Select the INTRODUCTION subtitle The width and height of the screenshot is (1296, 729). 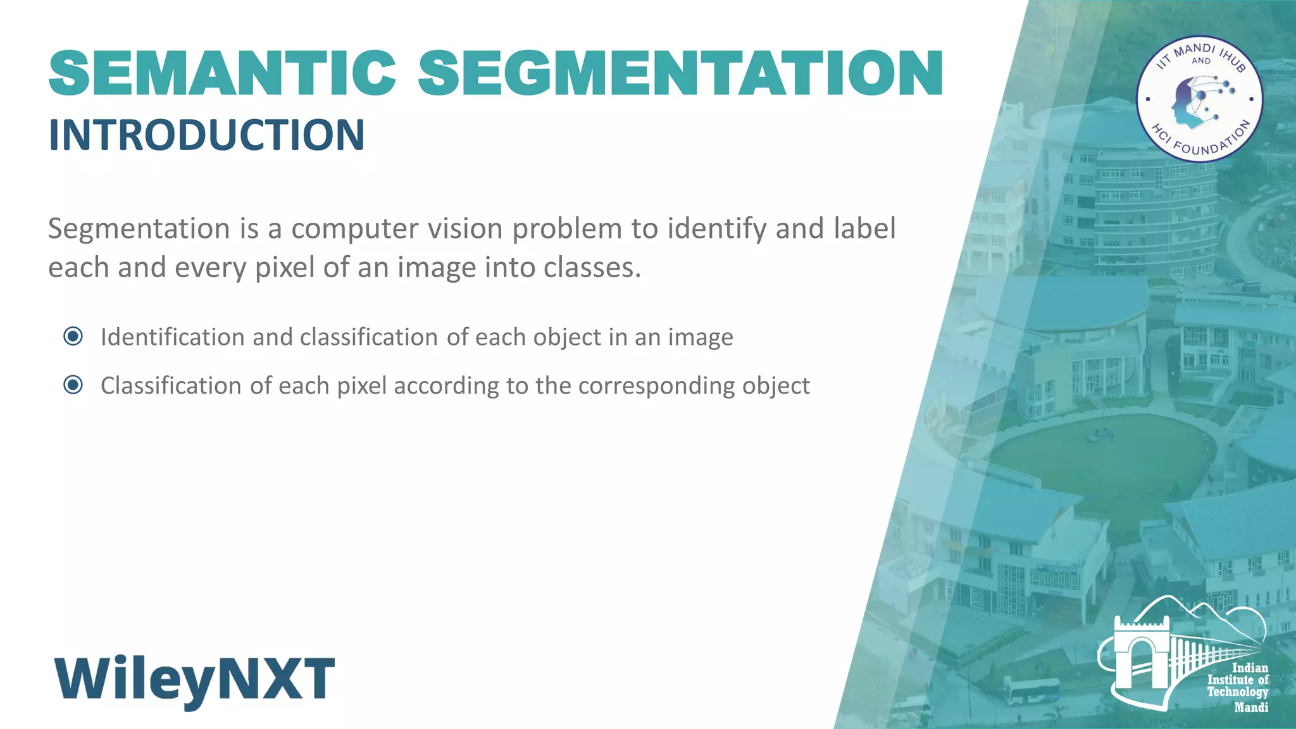pos(206,135)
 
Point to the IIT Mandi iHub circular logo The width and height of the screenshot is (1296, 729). pos(1200,99)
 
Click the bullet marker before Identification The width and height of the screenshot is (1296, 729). pos(73,336)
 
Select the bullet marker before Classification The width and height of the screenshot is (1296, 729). pos(73,385)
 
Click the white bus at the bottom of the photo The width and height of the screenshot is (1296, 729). pos(1031,691)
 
